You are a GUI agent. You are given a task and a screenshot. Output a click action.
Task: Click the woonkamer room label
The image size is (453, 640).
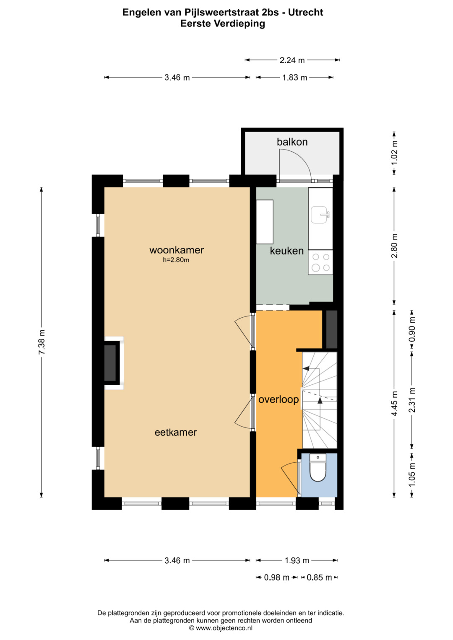point(177,250)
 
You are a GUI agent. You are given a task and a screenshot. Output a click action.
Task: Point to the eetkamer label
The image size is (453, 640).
point(176,432)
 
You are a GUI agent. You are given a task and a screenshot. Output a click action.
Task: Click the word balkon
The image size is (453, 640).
point(292,142)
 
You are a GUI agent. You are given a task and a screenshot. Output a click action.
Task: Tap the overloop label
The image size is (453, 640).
point(279,400)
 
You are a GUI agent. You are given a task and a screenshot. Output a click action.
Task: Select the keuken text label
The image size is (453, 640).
point(286,251)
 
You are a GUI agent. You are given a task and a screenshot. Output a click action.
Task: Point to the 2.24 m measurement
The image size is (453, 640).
point(292,60)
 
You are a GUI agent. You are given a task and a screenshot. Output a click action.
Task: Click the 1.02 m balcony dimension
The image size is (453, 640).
point(395,153)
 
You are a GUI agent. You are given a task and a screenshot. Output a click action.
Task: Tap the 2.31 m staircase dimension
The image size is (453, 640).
point(412,400)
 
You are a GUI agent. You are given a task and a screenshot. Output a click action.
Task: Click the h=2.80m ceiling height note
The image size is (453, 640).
point(176,260)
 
